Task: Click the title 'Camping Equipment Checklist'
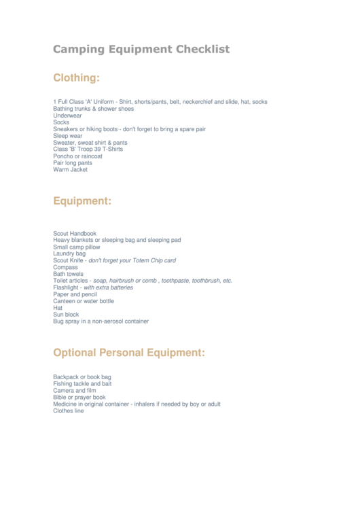coord(141,49)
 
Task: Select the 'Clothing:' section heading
coord(76,78)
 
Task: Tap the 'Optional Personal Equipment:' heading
coord(129,353)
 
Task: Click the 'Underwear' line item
coord(67,116)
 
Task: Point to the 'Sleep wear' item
coord(68,136)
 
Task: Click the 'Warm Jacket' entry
coord(70,170)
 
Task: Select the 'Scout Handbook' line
coord(75,233)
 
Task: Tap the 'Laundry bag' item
coord(69,253)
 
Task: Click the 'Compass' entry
coord(65,267)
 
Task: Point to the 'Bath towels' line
coord(68,274)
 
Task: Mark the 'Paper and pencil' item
coord(75,294)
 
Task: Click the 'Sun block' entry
coord(66,315)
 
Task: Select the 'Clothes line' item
coord(69,410)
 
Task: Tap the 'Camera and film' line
coord(75,391)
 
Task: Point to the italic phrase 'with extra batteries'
coord(109,287)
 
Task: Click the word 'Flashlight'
coord(66,287)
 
